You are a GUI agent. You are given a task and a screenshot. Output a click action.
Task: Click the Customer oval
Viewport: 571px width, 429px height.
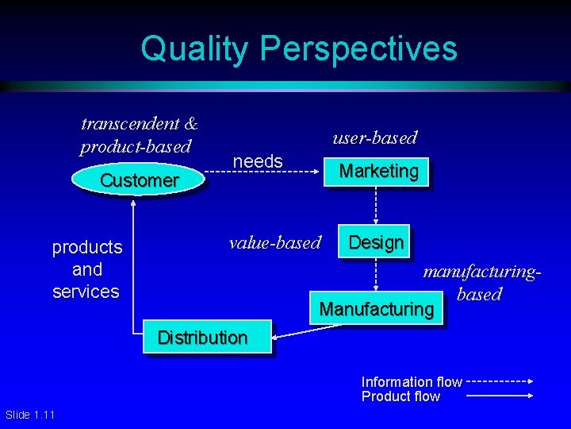point(139,180)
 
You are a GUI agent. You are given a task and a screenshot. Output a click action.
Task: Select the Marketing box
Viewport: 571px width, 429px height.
point(378,171)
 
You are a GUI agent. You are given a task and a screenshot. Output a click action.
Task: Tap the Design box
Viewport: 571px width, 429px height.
point(376,242)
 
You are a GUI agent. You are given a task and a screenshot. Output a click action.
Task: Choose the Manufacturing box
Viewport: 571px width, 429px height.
point(377,308)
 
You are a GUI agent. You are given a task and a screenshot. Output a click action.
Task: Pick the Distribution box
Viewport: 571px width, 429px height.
point(203,337)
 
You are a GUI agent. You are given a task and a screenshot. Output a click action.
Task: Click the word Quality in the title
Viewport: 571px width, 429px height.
point(194,48)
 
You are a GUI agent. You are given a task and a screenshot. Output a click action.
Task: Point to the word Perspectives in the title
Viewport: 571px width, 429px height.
point(358,48)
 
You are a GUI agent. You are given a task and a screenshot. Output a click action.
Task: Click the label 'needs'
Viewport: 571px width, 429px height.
point(258,161)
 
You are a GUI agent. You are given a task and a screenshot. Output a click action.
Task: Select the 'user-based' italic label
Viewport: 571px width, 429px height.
point(374,137)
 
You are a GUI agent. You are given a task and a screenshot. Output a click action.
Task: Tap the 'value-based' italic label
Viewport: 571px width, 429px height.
point(274,242)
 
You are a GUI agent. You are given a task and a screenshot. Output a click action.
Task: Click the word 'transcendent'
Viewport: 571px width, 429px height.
point(131,123)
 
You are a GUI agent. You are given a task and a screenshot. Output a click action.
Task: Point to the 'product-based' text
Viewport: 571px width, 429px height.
point(136,146)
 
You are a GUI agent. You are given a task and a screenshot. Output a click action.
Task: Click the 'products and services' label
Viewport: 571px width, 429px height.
point(86,269)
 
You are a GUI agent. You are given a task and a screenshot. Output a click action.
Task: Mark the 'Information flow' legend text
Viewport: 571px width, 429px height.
point(412,382)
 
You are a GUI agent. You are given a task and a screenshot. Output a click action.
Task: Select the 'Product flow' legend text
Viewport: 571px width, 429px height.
point(400,396)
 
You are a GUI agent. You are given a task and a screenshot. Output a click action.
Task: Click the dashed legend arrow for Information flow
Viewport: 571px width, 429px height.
point(500,382)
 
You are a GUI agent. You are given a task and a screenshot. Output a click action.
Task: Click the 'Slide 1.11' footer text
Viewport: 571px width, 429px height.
point(30,415)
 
